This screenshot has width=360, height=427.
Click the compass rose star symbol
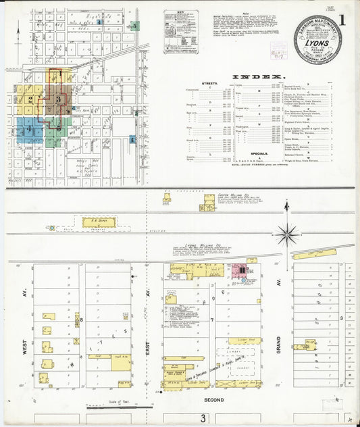pyautogui.click(x=288, y=234)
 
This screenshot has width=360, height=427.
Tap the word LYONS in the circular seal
pyautogui.click(x=317, y=40)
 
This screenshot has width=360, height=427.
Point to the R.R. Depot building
pyautogui.click(x=99, y=222)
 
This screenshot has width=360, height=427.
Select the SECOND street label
pyautogui.click(x=213, y=399)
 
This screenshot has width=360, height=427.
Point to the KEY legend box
pyautogui.click(x=181, y=32)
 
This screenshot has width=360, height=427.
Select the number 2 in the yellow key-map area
pyautogui.click(x=30, y=99)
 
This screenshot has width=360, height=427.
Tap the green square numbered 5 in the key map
pyautogui.click(x=135, y=26)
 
